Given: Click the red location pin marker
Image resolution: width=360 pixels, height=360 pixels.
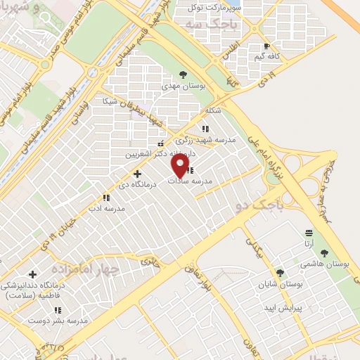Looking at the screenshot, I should pos(181,166).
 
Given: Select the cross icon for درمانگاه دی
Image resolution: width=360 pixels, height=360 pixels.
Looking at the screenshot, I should pos(136,173).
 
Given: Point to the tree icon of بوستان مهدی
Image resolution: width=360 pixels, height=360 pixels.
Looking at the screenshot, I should pos(183,74).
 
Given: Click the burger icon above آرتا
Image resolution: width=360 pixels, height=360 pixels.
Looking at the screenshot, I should pos(307,233).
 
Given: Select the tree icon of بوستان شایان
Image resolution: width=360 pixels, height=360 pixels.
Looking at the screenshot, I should pos(280,273).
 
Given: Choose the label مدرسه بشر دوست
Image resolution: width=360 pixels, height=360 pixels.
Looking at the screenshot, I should pos(58,320).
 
